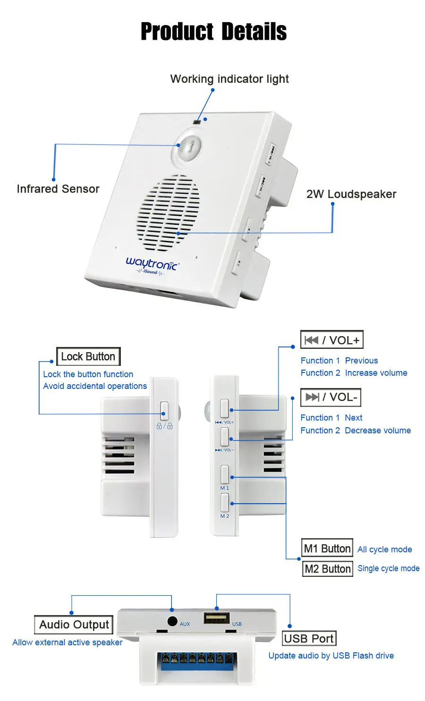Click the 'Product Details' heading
(213, 32)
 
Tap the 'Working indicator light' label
(229, 79)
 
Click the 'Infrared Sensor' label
(58, 189)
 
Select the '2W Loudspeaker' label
(351, 194)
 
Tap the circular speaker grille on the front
(169, 212)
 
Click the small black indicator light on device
(197, 123)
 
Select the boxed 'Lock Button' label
(88, 356)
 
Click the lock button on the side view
(164, 410)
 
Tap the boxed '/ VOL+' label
(331, 340)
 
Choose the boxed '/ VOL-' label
(331, 397)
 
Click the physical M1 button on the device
(225, 474)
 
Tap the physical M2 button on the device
(225, 502)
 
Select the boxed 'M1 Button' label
(327, 549)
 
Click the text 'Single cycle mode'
(388, 568)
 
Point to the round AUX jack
(172, 621)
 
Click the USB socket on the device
(217, 617)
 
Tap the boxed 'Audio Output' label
(74, 625)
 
